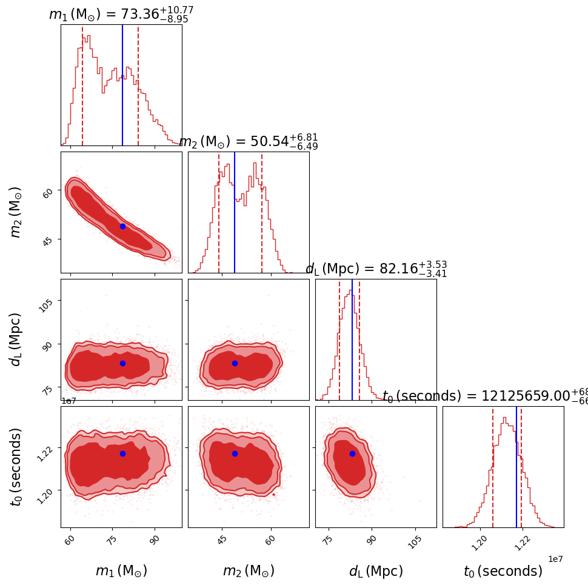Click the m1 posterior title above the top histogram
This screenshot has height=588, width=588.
(x=121, y=14)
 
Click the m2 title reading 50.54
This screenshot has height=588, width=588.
(x=249, y=141)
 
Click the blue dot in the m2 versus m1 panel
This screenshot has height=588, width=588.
(x=122, y=226)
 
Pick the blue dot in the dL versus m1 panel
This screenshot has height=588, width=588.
(x=122, y=363)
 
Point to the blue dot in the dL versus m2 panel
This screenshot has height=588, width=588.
(x=235, y=363)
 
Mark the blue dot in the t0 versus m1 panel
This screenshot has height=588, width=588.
(x=122, y=453)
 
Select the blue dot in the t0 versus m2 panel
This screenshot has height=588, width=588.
(x=235, y=453)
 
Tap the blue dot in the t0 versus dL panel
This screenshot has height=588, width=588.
(x=352, y=453)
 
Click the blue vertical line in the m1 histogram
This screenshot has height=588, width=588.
(x=122, y=85)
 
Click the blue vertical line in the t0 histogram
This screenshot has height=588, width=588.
(x=516, y=467)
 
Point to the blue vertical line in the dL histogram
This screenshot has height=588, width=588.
(x=352, y=339)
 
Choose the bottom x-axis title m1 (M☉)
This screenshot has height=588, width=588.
(x=121, y=571)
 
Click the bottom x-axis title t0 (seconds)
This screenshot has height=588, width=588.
(x=503, y=571)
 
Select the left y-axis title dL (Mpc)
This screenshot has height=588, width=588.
(x=16, y=339)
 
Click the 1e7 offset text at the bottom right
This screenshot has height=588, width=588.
(x=555, y=558)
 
